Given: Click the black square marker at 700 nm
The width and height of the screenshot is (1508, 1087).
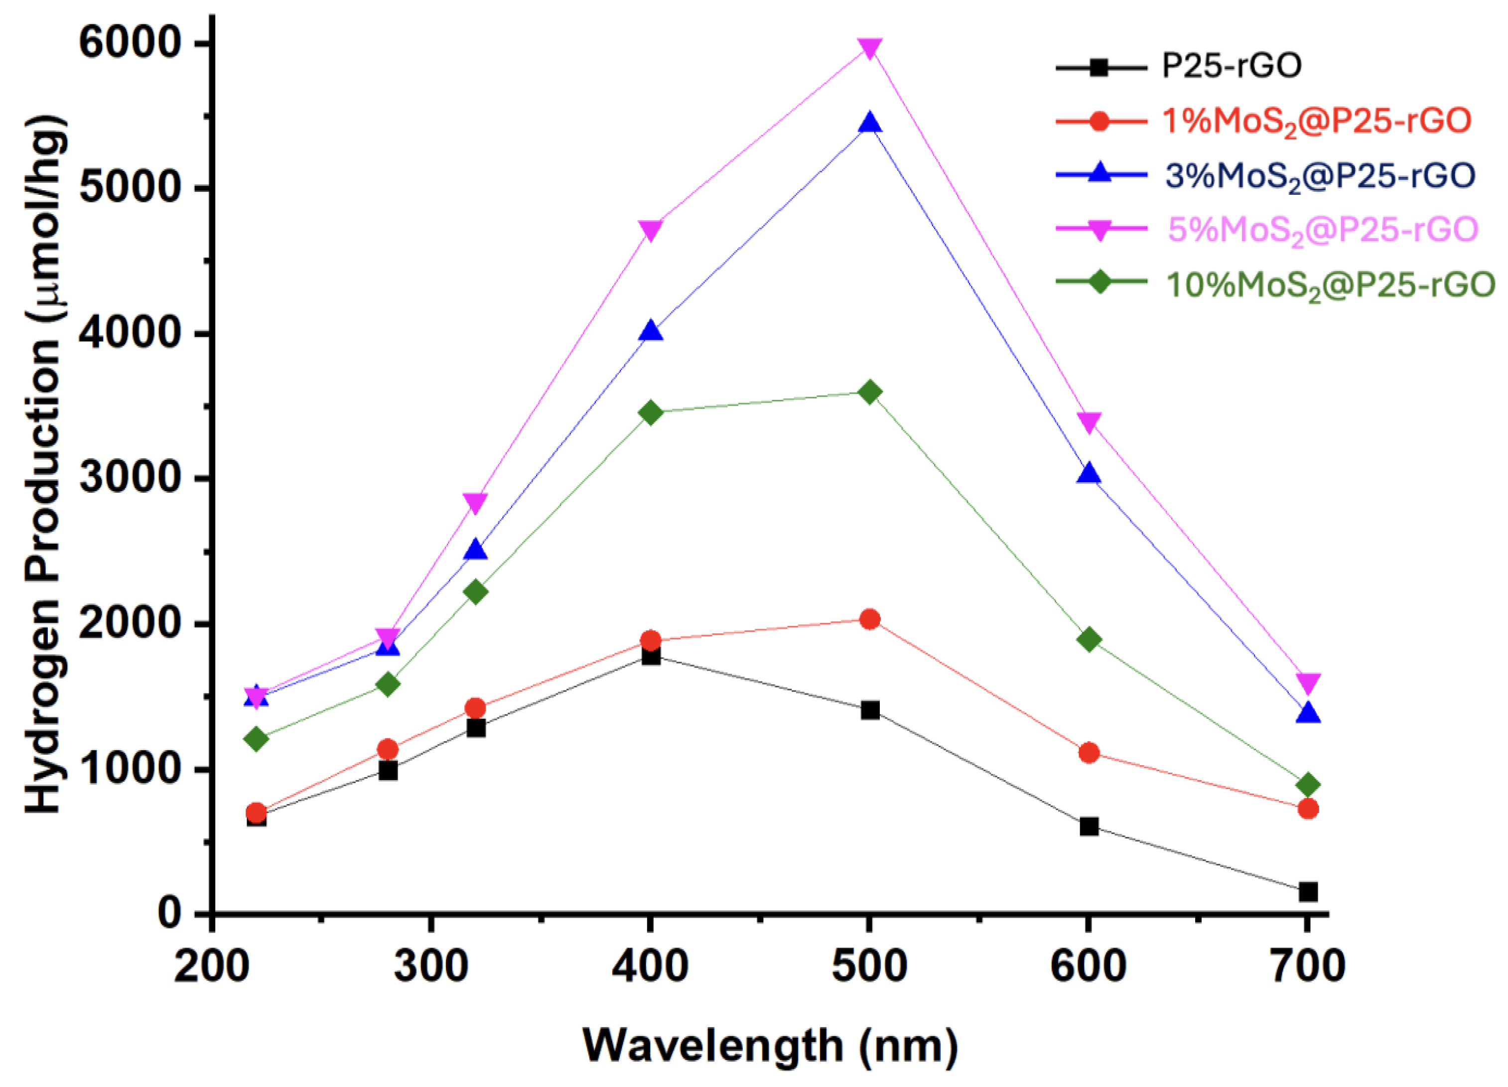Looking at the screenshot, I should pos(1307,892).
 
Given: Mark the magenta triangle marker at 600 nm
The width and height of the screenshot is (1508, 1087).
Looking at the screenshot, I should pos(1089,422).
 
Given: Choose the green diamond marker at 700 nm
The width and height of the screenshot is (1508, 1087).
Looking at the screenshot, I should pos(1307,785).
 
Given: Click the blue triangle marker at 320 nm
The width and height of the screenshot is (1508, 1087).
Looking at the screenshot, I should pos(475,550).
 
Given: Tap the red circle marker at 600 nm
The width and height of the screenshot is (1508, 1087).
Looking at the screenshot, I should pos(1089,753).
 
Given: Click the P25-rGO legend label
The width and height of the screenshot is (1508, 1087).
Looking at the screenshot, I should pos(1232,66).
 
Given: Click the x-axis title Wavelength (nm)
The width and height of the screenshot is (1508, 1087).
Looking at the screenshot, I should pos(770,1046).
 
